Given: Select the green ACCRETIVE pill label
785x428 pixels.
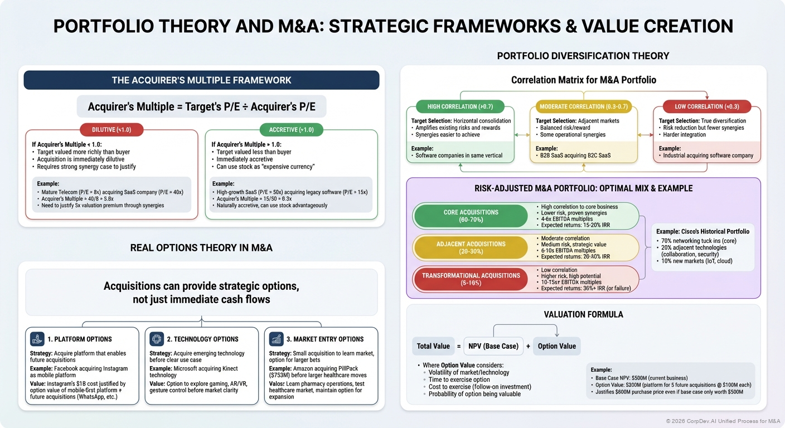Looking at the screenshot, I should click(x=291, y=130).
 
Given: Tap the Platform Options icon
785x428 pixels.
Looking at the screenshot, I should click(x=37, y=338).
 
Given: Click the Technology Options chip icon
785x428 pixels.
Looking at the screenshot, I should click(x=157, y=338).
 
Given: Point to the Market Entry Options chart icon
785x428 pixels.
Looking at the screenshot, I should click(x=276, y=338).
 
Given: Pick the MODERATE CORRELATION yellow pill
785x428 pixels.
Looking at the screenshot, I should click(x=583, y=106).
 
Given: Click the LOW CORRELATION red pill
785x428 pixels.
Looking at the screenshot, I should click(x=707, y=106).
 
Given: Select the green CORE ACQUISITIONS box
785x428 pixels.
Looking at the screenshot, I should click(x=471, y=216).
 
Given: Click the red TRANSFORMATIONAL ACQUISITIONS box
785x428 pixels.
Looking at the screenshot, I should click(x=471, y=279).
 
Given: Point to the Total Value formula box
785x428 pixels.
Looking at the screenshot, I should click(x=433, y=346).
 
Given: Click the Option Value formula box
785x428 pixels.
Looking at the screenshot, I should click(x=556, y=346).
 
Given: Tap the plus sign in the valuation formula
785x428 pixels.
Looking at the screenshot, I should click(x=528, y=346).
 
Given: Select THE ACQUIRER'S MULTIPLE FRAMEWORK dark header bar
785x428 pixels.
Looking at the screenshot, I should click(x=201, y=80).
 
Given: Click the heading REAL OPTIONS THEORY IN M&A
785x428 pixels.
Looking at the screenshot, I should click(x=201, y=247).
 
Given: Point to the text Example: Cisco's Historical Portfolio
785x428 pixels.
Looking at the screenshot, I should click(x=702, y=231).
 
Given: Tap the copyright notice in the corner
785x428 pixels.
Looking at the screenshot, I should click(x=722, y=421).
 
